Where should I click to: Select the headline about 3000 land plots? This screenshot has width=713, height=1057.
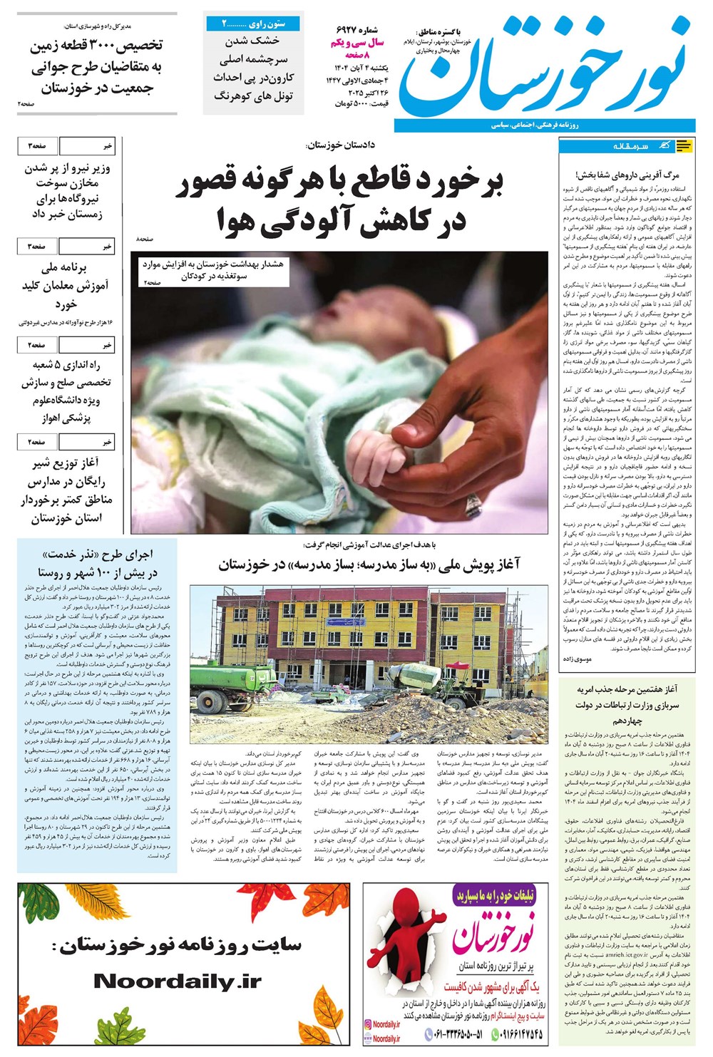click(96, 68)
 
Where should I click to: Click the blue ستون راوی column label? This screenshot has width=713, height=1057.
click(253, 24)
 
